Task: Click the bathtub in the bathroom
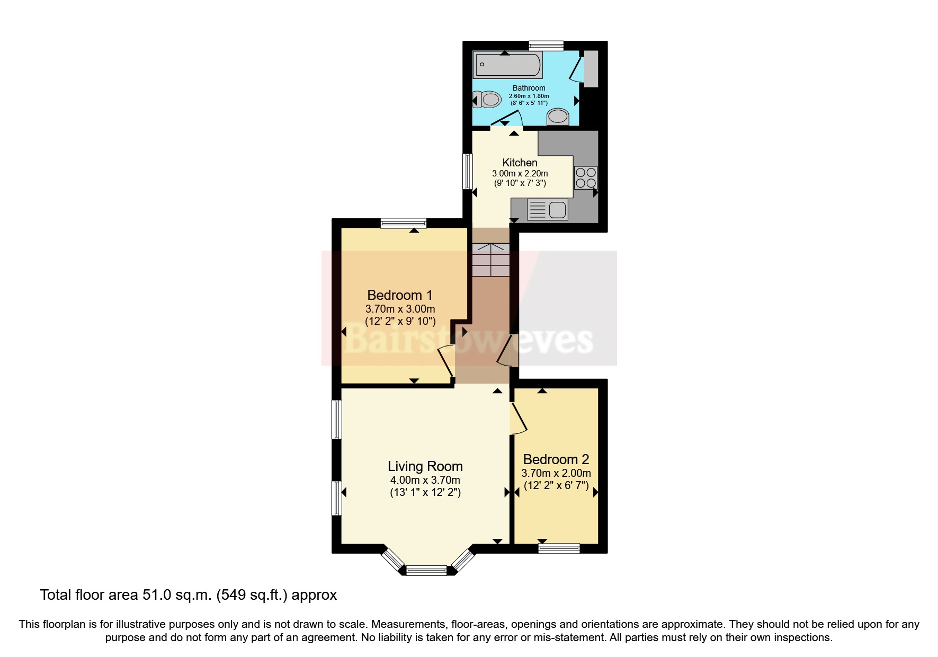click(507, 65)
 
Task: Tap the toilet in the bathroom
click(488, 99)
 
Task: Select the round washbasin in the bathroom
click(557, 116)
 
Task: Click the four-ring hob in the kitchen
click(585, 177)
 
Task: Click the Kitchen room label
click(520, 163)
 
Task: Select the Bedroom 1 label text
click(400, 295)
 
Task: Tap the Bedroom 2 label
click(556, 459)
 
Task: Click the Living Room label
click(425, 466)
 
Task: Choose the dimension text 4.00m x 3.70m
click(425, 480)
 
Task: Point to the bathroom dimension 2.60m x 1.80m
click(529, 96)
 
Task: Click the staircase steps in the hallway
click(490, 260)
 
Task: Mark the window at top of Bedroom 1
click(403, 223)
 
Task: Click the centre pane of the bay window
click(426, 571)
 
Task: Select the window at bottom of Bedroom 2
click(559, 548)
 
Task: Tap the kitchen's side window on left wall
click(468, 171)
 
